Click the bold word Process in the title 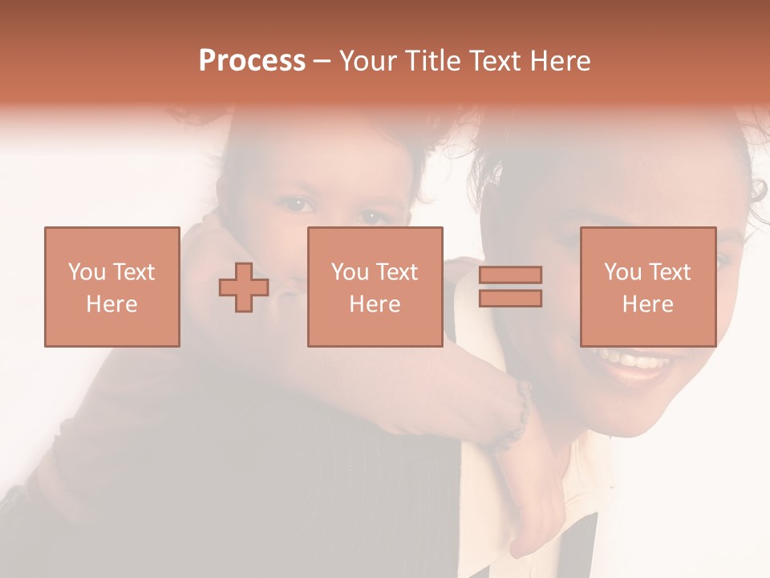(252, 61)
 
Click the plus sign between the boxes (244, 287)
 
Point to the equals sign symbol (510, 287)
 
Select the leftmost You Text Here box (111, 287)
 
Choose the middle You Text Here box (375, 287)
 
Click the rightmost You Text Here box (647, 287)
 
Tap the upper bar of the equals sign (510, 275)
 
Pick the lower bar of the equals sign (510, 298)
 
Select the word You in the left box (87, 272)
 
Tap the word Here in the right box (647, 304)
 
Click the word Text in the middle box (396, 272)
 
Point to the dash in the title (322, 62)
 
